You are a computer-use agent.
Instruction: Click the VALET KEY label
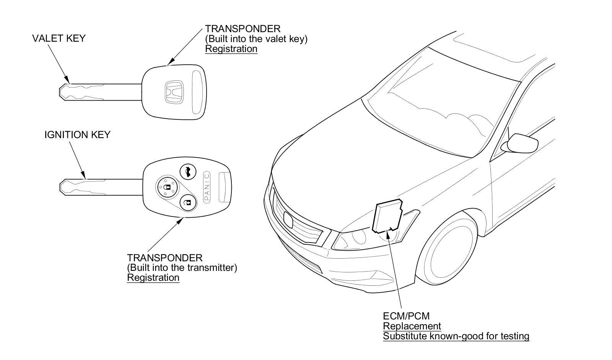click(x=59, y=38)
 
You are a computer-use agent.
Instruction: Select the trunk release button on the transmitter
click(x=188, y=171)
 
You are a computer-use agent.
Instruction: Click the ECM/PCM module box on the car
click(x=387, y=216)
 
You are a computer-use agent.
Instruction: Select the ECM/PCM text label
click(x=406, y=316)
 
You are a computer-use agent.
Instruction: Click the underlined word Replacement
click(x=412, y=326)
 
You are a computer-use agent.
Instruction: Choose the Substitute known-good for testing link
click(x=456, y=336)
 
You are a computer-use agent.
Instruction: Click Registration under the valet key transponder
click(x=231, y=49)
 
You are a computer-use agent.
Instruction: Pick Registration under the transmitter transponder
click(x=153, y=277)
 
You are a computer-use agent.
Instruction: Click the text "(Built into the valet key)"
click(x=256, y=39)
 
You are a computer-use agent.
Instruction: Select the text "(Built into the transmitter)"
click(x=182, y=267)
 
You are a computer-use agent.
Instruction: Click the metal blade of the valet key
click(x=99, y=92)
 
